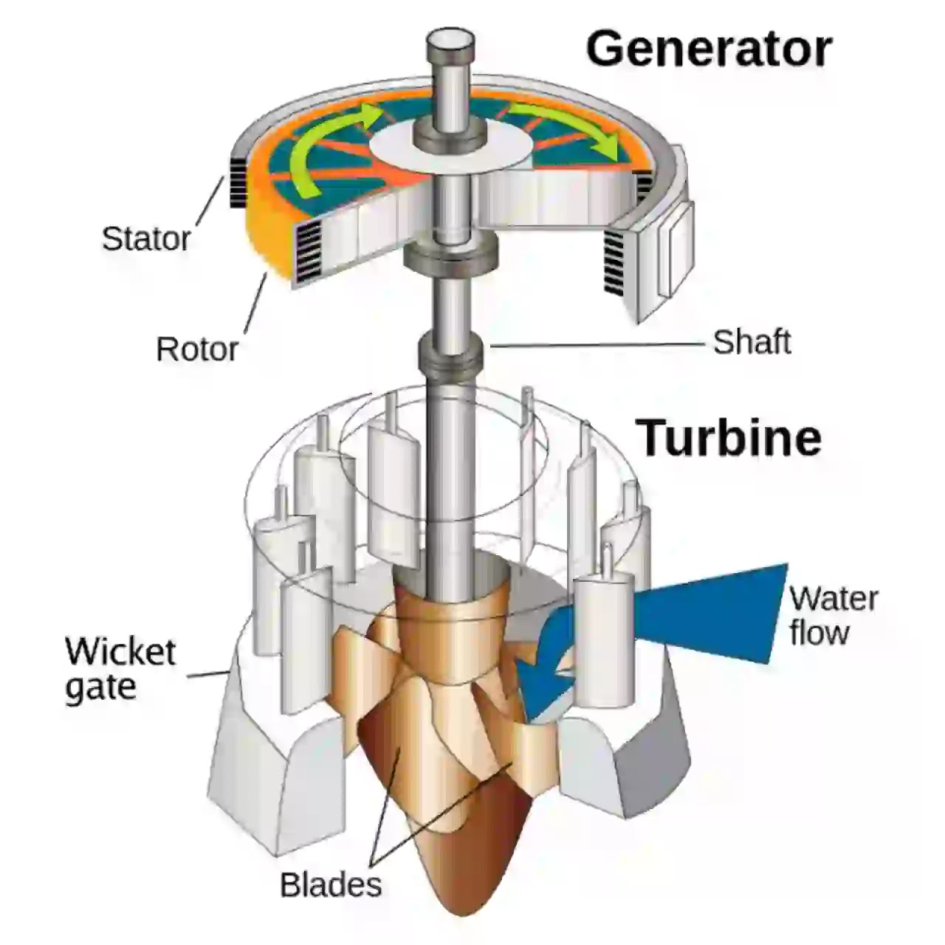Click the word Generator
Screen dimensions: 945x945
tap(709, 50)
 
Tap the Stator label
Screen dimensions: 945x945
tap(146, 238)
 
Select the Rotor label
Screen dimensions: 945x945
tap(197, 348)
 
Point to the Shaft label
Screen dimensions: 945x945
tap(752, 342)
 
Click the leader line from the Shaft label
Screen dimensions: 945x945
tap(597, 345)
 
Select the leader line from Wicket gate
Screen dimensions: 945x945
tap(209, 673)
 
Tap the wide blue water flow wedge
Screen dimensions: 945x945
tap(707, 614)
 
